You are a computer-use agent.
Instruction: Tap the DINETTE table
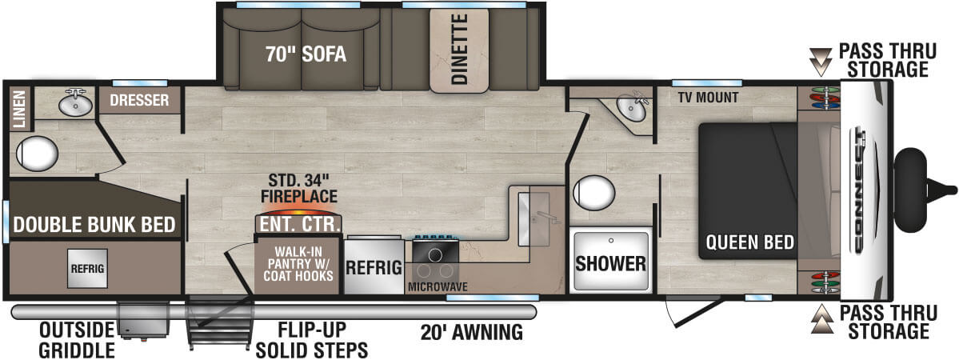[x=459, y=50]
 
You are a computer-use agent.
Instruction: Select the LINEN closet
[x=18, y=109]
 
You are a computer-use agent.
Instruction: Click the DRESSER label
[x=139, y=100]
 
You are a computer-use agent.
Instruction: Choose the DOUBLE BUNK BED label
[x=94, y=226]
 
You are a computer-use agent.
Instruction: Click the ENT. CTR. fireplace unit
[x=298, y=223]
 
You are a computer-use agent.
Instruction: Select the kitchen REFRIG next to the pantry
[x=373, y=267]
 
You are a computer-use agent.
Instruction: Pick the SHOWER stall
[x=611, y=262]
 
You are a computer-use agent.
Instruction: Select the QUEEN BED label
[x=749, y=242]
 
